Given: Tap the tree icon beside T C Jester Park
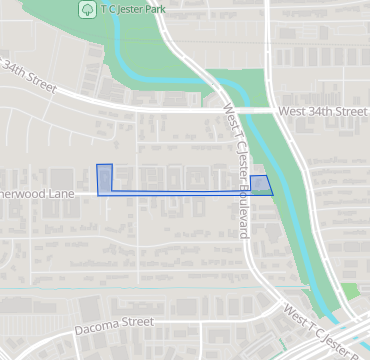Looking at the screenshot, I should click(87, 8).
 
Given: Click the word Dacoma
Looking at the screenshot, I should click(97, 325).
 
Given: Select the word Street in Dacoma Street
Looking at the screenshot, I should click(137, 322).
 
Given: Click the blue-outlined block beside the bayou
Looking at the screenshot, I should click(260, 185).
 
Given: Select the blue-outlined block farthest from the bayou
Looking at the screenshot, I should click(105, 180).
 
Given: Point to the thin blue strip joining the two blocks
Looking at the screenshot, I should click(180, 190).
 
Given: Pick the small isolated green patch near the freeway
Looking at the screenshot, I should click(348, 293).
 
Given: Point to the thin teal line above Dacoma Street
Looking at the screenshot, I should click(150, 290).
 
